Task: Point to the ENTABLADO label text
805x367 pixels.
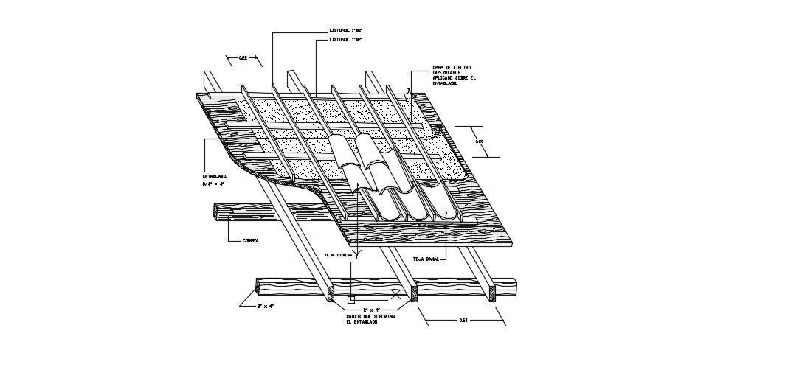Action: (x=214, y=176)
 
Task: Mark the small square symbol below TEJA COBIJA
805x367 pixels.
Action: (x=352, y=299)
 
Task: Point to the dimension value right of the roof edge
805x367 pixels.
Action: (x=479, y=141)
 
